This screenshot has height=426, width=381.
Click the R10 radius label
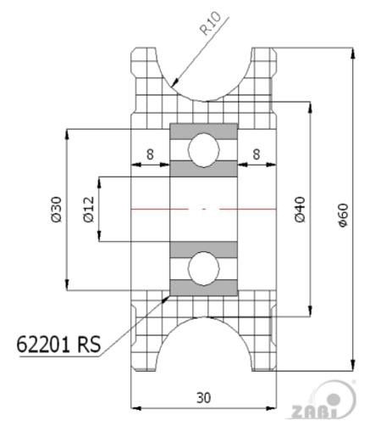click(210, 24)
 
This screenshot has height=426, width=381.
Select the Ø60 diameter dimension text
click(344, 215)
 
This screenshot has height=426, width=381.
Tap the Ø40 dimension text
click(300, 210)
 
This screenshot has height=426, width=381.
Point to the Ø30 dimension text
click(56, 210)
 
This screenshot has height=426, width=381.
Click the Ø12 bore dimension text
click(89, 210)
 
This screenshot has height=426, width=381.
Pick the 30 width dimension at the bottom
click(203, 398)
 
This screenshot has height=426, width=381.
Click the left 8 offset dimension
click(150, 154)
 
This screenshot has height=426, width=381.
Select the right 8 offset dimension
click(256, 154)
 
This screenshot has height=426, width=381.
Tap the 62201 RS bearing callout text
click(58, 344)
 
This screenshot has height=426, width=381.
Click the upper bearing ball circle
click(204, 149)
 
